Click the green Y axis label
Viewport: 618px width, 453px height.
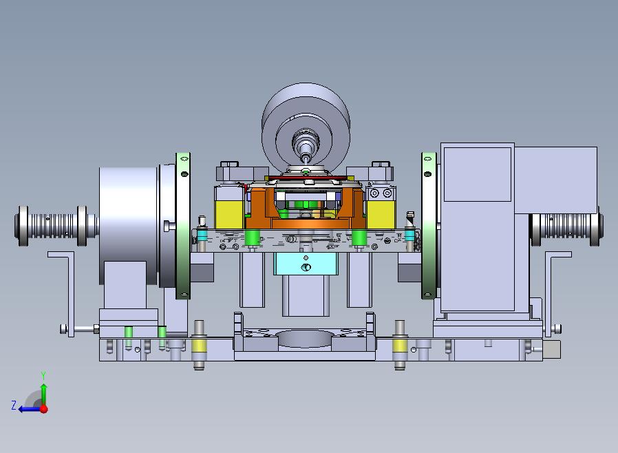[43, 375]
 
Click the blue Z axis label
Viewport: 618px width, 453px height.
[14, 405]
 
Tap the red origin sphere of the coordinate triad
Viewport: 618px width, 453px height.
[44, 409]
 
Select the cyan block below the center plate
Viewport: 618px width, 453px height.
[306, 264]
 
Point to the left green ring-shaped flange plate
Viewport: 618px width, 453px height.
[183, 226]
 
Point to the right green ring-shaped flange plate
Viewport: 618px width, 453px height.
[429, 226]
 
